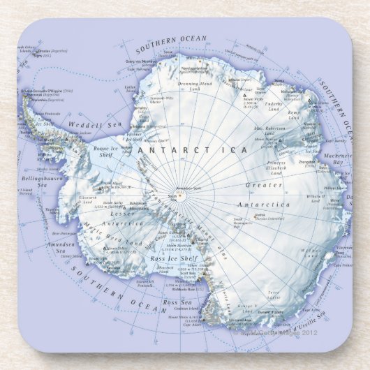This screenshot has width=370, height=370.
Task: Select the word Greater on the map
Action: pos(265,186)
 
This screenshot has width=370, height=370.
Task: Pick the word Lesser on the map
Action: pos(124,214)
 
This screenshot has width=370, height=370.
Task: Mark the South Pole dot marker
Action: pos(179,196)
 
